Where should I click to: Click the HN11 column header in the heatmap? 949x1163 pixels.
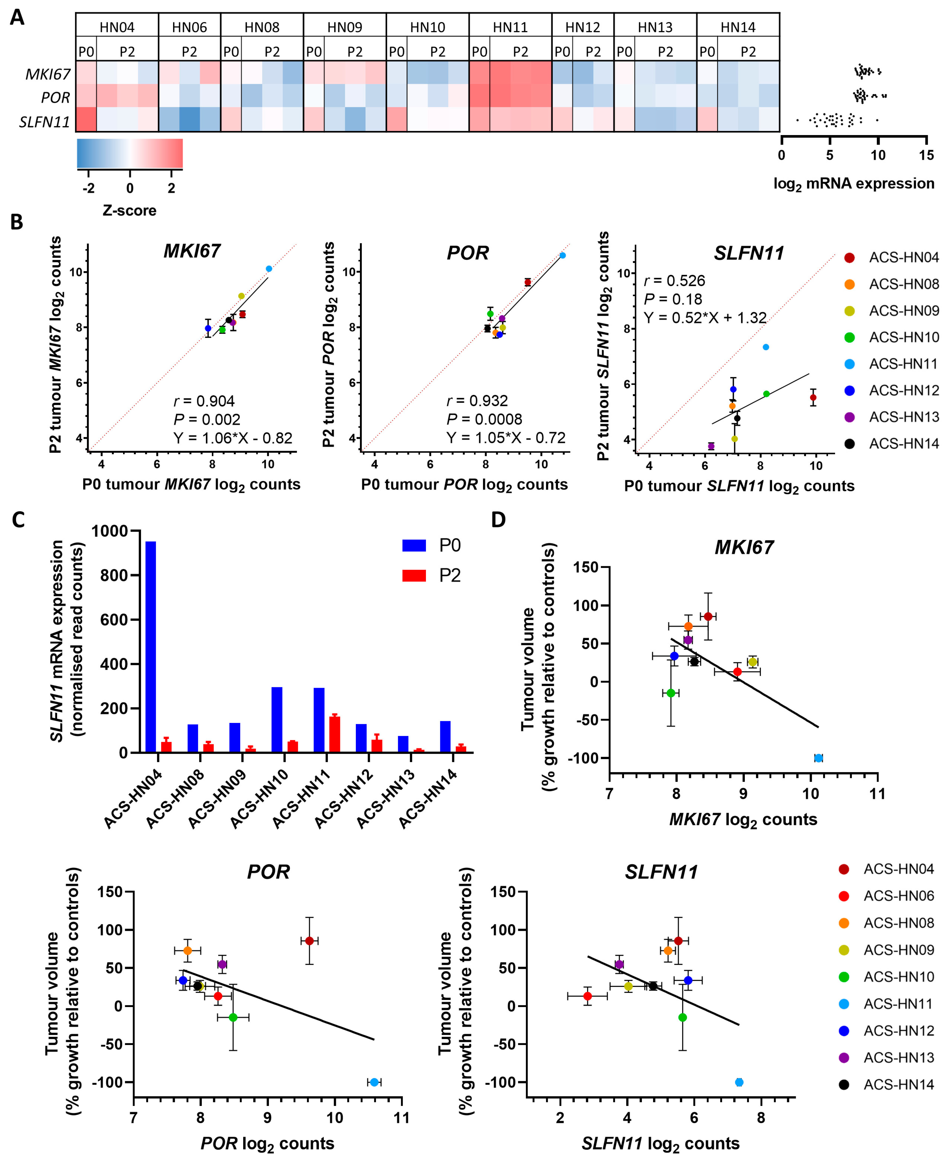click(510, 27)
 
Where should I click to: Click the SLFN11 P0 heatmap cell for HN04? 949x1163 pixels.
click(86, 119)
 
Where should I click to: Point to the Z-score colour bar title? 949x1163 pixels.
click(129, 210)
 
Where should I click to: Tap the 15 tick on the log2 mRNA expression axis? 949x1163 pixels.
click(926, 155)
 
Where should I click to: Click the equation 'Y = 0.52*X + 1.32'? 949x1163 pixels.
click(705, 318)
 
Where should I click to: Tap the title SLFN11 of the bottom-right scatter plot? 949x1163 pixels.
click(661, 872)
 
